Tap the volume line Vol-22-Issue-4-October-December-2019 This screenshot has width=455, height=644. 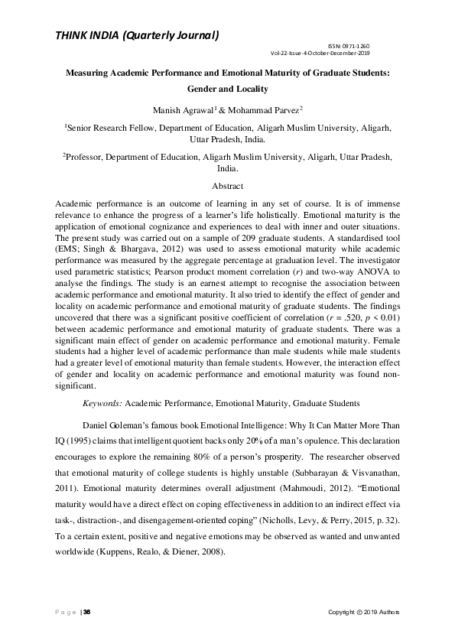pyautogui.click(x=320, y=54)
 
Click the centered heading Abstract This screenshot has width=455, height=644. pyautogui.click(x=227, y=186)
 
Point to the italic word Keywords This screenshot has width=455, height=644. pyautogui.click(x=102, y=402)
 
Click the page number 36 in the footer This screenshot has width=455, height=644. pyautogui.click(x=87, y=613)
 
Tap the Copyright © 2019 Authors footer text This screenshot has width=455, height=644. pyautogui.click(x=363, y=613)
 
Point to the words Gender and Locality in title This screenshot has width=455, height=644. pyautogui.click(x=227, y=88)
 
